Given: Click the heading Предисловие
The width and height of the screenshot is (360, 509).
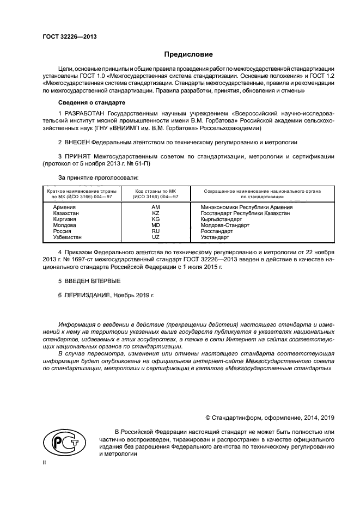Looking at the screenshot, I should pos(188,54).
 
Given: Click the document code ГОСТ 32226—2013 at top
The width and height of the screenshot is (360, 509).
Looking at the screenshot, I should pos(66,36).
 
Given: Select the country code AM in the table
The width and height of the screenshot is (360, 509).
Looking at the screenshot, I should pos(155,207).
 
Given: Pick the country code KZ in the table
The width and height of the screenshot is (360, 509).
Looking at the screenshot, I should pos(155,213).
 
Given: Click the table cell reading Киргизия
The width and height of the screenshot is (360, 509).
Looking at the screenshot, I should pos(65,219).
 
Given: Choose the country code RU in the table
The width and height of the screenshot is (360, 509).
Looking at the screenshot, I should pos(155,231).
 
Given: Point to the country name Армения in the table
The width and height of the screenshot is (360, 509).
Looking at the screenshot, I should pos(64,207).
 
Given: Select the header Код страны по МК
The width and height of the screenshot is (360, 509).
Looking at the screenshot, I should pos(155,192).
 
